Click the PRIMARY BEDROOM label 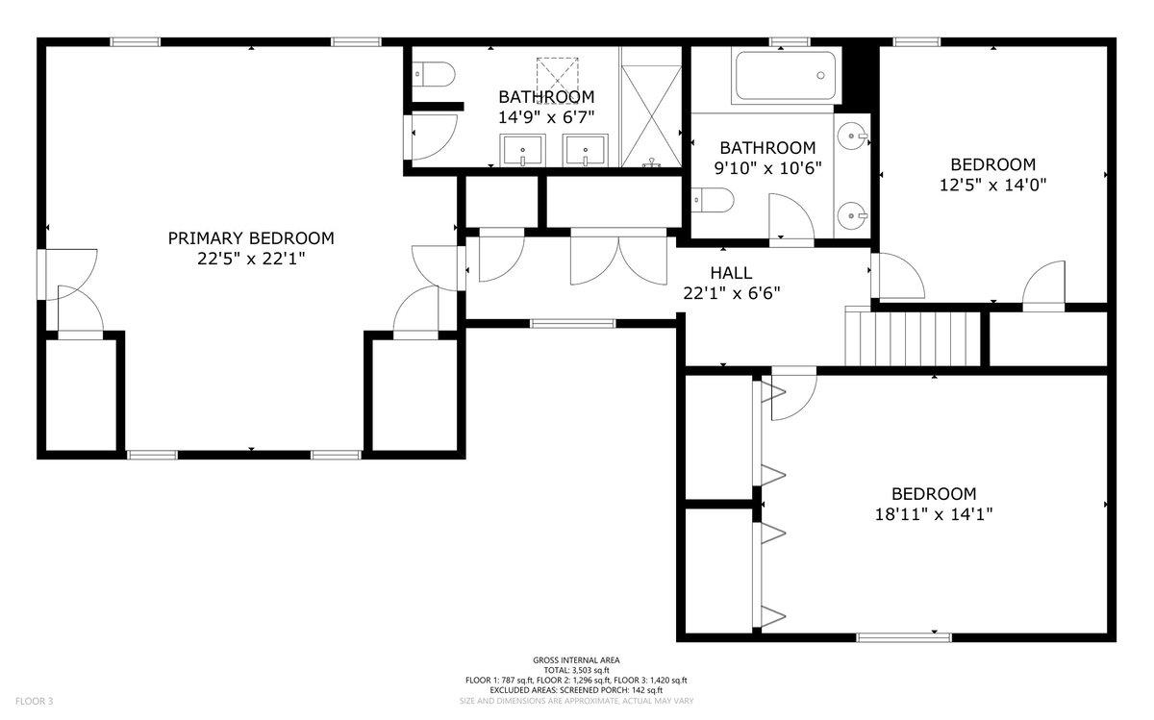tap(251, 238)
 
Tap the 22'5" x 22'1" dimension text tap(251, 259)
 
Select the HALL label tap(731, 273)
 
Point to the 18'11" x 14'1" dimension tap(934, 514)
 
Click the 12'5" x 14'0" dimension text tap(992, 185)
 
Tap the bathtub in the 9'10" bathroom tap(786, 76)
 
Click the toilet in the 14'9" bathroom tap(434, 75)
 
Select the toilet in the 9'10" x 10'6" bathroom tap(713, 200)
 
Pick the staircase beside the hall tap(913, 336)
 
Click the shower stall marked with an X tap(652, 116)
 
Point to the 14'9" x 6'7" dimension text tap(546, 117)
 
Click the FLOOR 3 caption tap(34, 701)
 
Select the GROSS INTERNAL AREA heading tap(576, 660)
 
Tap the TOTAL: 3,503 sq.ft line tap(576, 670)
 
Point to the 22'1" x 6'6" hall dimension tap(732, 293)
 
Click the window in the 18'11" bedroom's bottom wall tap(904, 637)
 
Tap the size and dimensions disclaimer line tap(576, 701)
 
